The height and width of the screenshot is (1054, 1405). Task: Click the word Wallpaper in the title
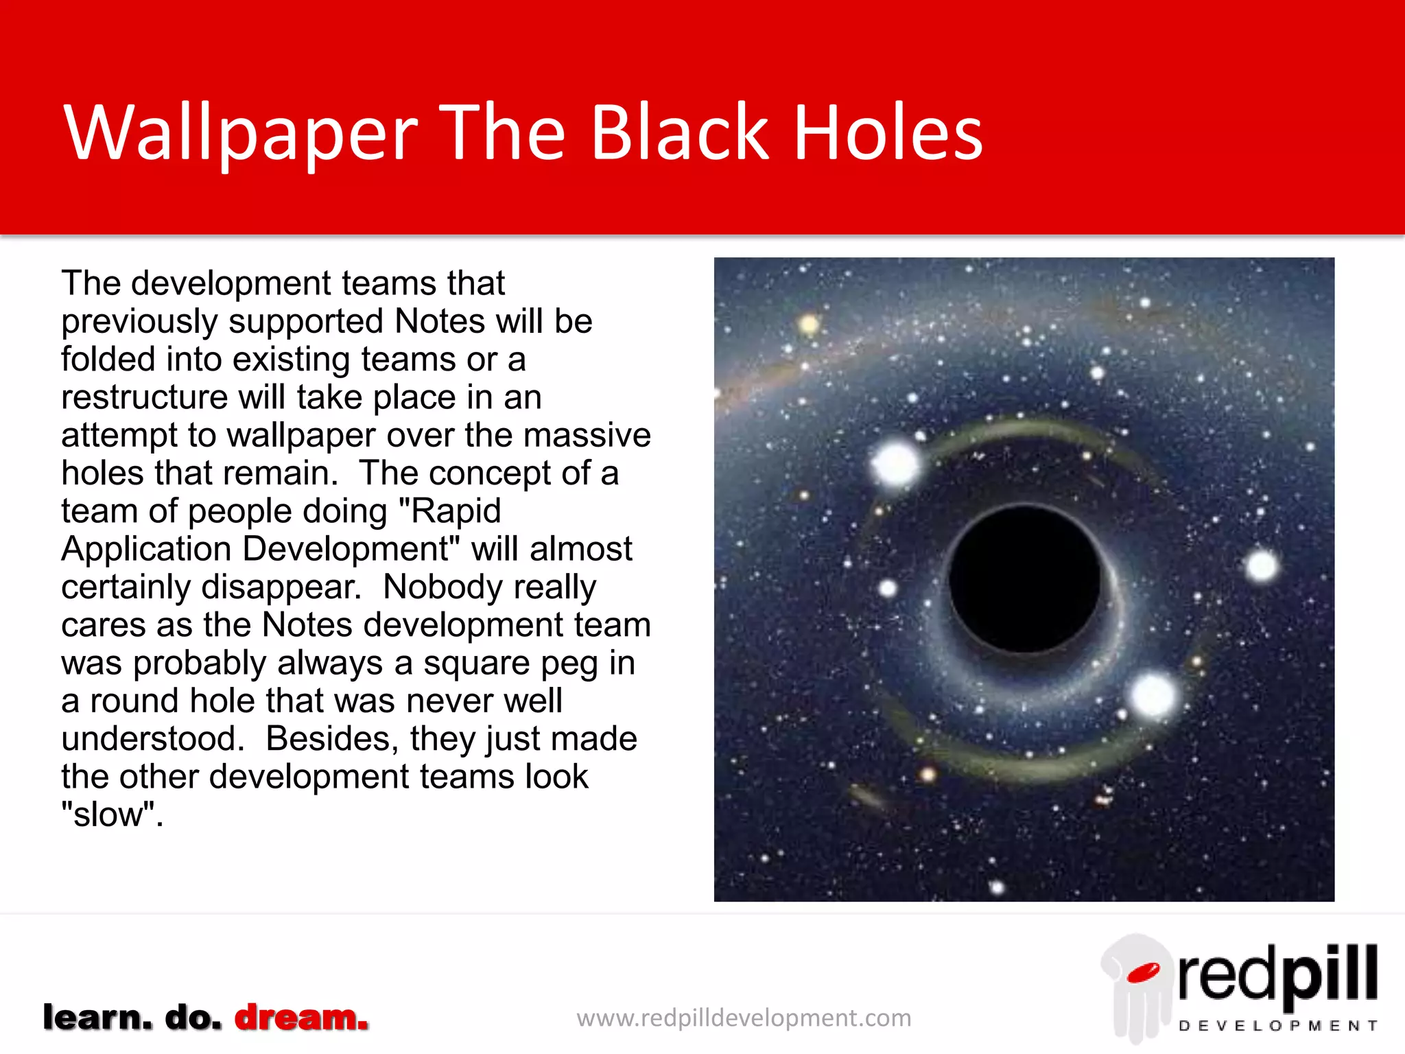pyautogui.click(x=240, y=134)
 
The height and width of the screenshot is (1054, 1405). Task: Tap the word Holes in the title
pyautogui.click(x=888, y=134)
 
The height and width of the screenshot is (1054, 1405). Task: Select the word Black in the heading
pyautogui.click(x=679, y=134)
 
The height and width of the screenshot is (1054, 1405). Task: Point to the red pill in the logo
pyautogui.click(x=1142, y=972)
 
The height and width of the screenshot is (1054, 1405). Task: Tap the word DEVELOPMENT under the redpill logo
pyautogui.click(x=1277, y=1026)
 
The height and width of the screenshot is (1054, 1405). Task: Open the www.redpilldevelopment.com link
pyautogui.click(x=744, y=1018)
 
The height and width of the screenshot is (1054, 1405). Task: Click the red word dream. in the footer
pyautogui.click(x=302, y=1017)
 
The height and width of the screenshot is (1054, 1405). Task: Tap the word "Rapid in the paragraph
pyautogui.click(x=449, y=511)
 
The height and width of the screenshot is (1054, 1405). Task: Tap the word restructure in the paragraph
pyautogui.click(x=144, y=397)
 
